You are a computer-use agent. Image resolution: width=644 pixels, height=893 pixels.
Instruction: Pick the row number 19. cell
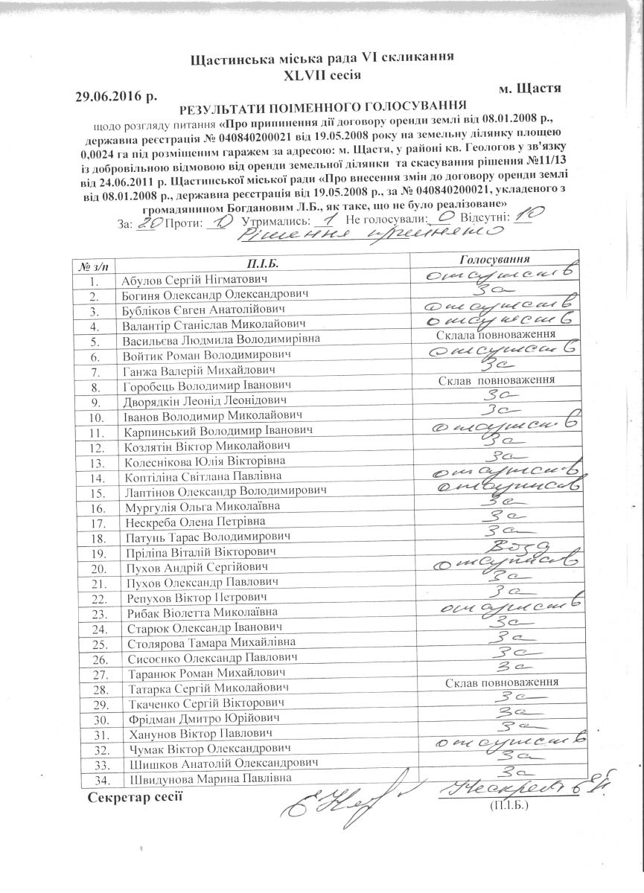coord(94,554)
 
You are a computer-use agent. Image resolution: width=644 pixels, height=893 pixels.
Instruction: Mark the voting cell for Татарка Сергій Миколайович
coord(503,682)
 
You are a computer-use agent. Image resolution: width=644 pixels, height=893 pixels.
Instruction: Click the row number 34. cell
coord(94,780)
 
